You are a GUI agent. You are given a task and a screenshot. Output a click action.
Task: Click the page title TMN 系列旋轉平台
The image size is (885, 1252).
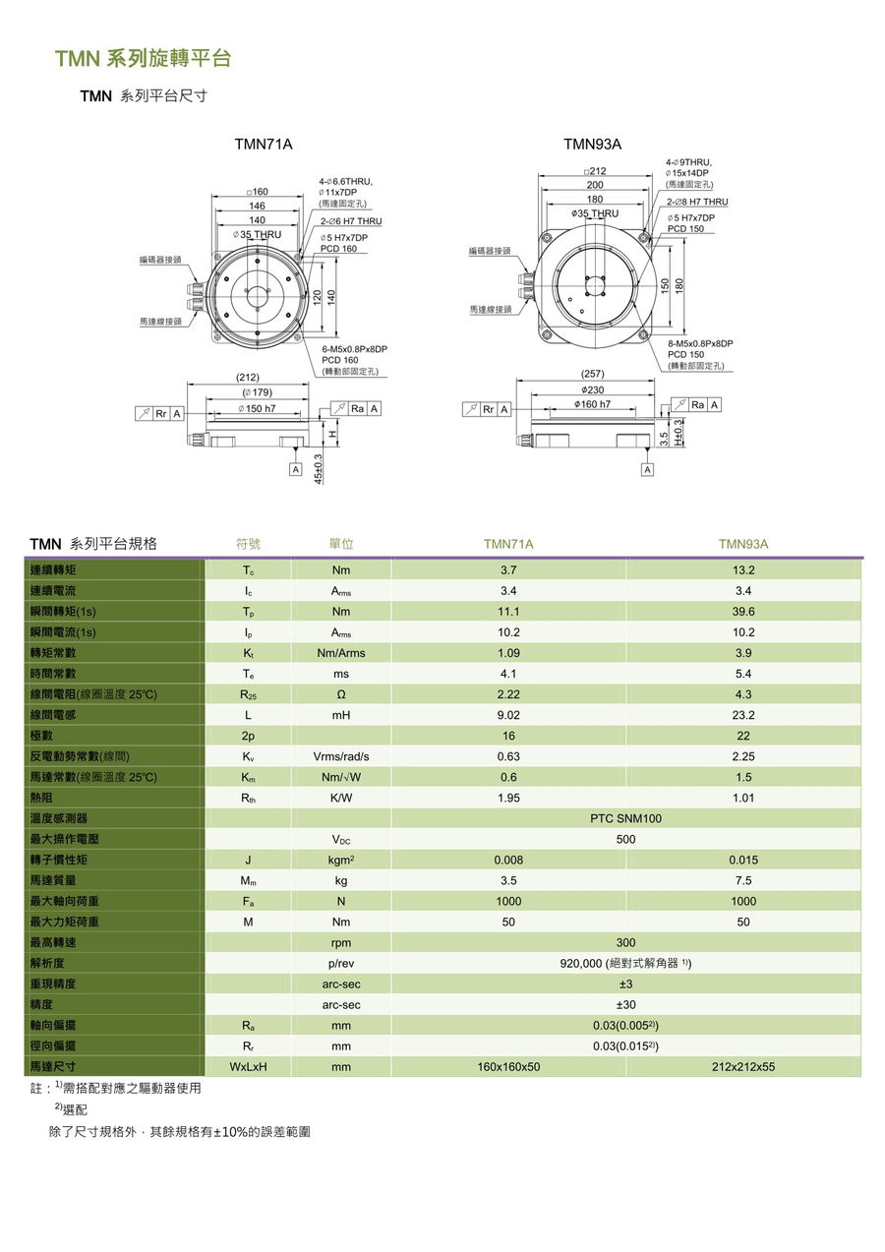point(143,59)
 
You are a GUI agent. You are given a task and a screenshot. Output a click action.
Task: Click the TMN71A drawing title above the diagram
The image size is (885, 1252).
point(263,145)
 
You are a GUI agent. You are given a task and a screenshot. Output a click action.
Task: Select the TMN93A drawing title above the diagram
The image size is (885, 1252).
point(592,145)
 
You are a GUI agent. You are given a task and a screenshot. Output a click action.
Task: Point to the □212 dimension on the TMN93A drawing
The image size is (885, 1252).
point(595,171)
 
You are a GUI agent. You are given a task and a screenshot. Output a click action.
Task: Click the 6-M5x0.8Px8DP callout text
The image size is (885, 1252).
point(354,349)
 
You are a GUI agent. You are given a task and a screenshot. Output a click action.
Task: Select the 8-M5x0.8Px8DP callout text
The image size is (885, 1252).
point(699,343)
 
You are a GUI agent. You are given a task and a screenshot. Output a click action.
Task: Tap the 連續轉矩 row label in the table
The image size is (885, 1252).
point(53,570)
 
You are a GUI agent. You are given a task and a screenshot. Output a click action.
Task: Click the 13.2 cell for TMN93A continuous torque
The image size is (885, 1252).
point(742,570)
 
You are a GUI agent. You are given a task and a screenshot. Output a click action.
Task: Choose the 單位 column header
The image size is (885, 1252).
point(341,544)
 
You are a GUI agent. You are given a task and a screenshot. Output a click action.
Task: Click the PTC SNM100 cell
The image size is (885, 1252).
point(625,818)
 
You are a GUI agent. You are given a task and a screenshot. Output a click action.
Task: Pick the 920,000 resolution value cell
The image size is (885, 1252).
point(625,963)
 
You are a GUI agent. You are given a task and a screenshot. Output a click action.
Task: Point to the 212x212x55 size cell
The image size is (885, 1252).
point(742,1066)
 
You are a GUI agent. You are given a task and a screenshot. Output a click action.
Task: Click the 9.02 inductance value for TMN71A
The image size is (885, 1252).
point(508,715)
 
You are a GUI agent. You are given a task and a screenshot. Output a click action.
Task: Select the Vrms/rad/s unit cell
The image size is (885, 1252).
point(341,756)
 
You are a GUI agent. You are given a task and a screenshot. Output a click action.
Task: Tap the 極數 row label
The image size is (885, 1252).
point(41,736)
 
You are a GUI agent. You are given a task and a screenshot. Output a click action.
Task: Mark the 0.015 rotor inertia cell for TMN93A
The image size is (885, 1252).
point(742,860)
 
